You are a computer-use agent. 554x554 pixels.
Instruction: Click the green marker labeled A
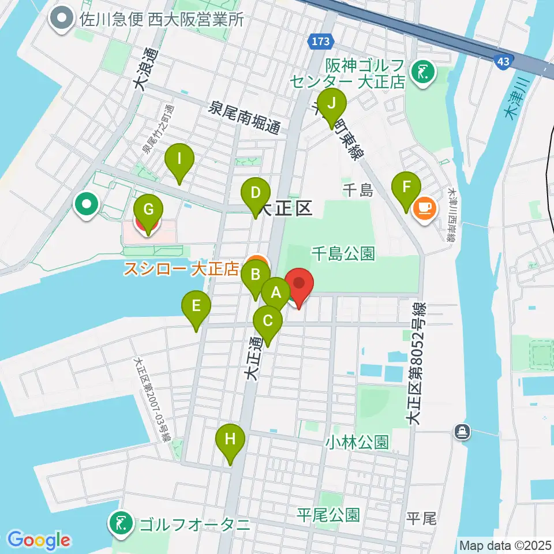point(276,292)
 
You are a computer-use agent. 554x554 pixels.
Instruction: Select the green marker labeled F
point(407,187)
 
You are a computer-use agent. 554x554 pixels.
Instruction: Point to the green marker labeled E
point(197,306)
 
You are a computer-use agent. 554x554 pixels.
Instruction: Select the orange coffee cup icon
point(425,207)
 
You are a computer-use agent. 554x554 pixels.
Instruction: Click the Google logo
point(39,540)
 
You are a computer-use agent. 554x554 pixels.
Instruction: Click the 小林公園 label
point(356,442)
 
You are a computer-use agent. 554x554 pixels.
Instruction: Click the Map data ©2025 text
point(504,545)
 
